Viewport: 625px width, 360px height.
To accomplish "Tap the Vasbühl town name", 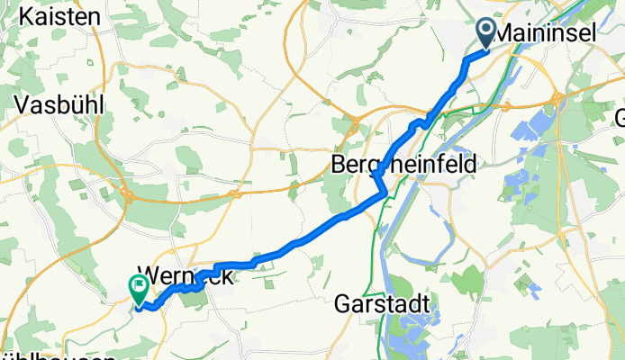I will pyautogui.click(x=59, y=104).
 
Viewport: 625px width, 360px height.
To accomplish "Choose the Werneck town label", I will pyautogui.click(x=185, y=277).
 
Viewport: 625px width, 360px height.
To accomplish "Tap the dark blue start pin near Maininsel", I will pyautogui.click(x=485, y=34).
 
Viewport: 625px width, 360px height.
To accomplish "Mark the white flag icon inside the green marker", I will pyautogui.click(x=140, y=288).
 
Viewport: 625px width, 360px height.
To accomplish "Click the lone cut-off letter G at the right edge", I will pyautogui.click(x=619, y=118).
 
